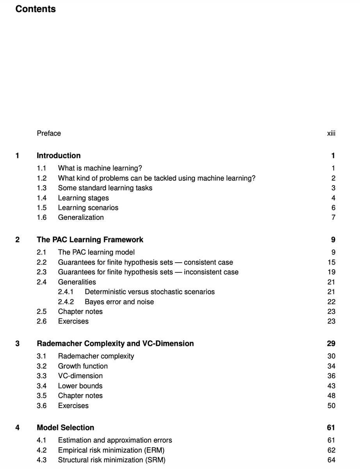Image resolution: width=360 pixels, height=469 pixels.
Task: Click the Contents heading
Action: pos(36,9)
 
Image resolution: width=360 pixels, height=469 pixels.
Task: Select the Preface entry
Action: pos(49,133)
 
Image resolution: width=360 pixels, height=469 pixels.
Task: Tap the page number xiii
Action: pos(331,133)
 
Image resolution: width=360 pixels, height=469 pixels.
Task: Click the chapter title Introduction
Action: pos(59,156)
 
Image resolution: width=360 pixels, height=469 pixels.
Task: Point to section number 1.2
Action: pos(41,178)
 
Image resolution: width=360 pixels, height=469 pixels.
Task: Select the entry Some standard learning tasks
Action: pos(105,188)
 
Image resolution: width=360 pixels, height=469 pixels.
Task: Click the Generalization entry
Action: pos(81,217)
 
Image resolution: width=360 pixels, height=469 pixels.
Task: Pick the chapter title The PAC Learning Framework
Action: pos(90,240)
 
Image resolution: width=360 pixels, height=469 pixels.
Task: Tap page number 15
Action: pos(331,262)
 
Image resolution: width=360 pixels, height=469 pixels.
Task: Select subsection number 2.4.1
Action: pos(66,292)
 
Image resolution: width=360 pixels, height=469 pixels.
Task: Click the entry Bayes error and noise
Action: pos(119,302)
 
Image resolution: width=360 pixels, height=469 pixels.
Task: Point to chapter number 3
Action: pos(18,344)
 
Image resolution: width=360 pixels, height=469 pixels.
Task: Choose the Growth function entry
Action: pos(83,366)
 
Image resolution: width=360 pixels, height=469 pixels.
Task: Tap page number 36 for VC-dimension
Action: pos(331,376)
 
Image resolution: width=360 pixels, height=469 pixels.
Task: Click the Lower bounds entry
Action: pos(80,386)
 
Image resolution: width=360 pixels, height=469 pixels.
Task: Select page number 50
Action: pos(331,406)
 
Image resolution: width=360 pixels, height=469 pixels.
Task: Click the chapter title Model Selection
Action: pos(65,428)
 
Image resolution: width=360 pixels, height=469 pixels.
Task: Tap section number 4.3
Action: pos(41,460)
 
